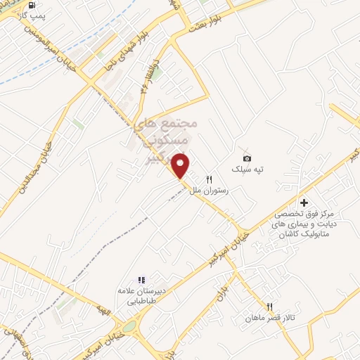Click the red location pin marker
point(181,165)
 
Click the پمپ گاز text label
point(30,15)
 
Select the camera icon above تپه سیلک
point(246,158)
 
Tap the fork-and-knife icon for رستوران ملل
point(209,180)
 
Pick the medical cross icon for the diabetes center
point(304,202)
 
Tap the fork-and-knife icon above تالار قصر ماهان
point(269,307)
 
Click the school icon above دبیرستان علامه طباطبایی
point(141,280)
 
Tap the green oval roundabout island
point(129,326)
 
